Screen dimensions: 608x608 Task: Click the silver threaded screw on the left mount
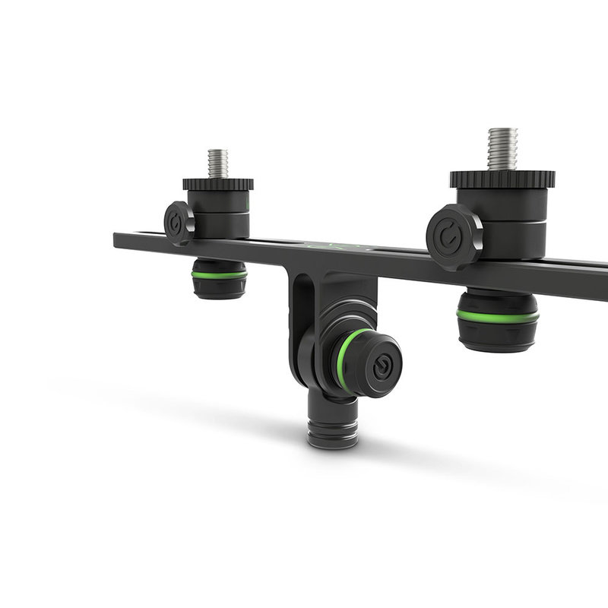218,163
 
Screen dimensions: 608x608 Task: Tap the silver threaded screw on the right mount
502,150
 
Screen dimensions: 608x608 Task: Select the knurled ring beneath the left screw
218,184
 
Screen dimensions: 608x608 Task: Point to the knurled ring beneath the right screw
502,179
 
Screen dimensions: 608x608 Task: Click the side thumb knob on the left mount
179,223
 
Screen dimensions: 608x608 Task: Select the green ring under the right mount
498,315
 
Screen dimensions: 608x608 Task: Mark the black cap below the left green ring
219,287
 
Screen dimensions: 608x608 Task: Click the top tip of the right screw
502,130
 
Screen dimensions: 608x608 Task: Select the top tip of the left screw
218,151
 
